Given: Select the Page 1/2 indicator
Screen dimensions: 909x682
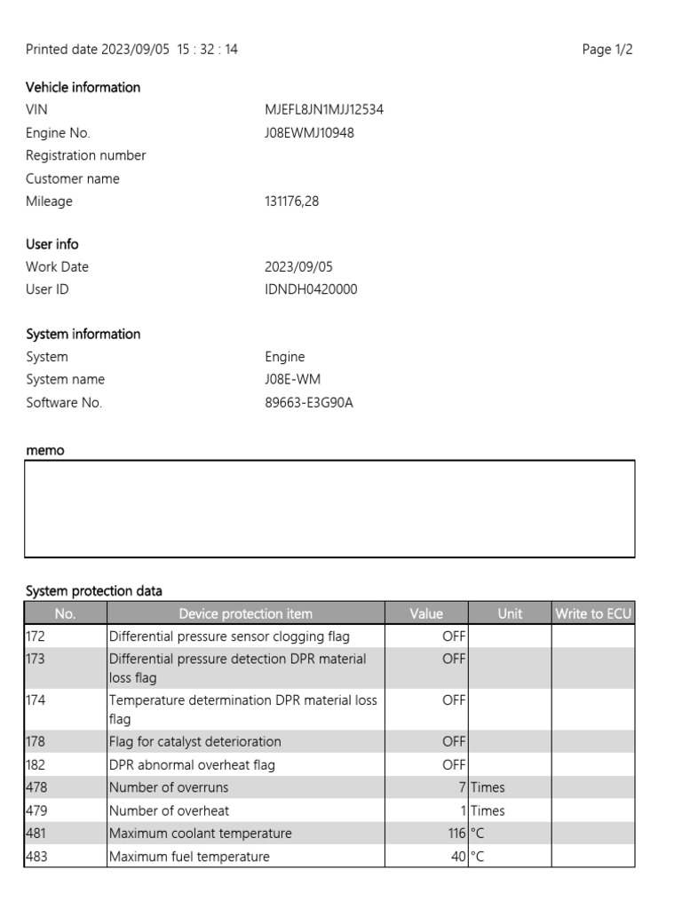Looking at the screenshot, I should [x=607, y=50].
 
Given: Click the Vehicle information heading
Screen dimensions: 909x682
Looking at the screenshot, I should [x=83, y=87].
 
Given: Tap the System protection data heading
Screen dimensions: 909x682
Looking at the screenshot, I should [x=94, y=590].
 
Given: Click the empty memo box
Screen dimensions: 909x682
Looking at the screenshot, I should [x=329, y=509].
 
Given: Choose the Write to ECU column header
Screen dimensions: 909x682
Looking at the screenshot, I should [x=593, y=613].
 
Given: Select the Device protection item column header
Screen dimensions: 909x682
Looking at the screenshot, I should [x=245, y=613].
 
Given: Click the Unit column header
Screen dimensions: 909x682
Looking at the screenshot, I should [x=510, y=613].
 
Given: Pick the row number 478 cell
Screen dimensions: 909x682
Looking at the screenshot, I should [x=65, y=787].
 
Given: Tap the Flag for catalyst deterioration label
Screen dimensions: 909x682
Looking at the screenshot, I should [x=194, y=741].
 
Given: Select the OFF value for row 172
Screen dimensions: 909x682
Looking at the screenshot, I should [x=454, y=636].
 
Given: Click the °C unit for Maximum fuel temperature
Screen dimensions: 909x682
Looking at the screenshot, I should [x=478, y=857].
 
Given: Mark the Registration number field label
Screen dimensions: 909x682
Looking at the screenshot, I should [x=85, y=155].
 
